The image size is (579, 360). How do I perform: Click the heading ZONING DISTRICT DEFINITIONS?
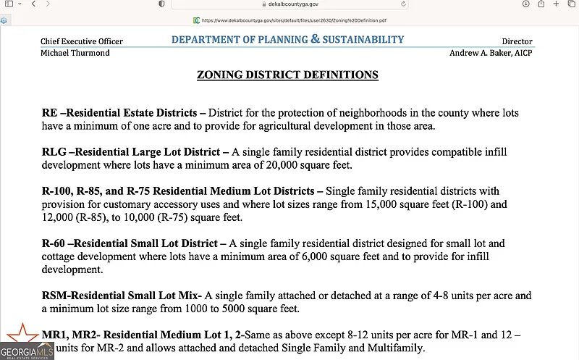(287, 75)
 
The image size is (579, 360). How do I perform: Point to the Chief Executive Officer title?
(82, 42)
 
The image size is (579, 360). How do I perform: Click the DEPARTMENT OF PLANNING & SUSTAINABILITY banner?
(287, 39)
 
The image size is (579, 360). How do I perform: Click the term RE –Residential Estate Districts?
(119, 114)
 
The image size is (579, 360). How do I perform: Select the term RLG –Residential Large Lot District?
(136, 153)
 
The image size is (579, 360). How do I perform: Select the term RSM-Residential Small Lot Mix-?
(122, 296)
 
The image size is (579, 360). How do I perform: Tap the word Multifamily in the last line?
(399, 348)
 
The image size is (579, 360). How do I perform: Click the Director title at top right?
(517, 42)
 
